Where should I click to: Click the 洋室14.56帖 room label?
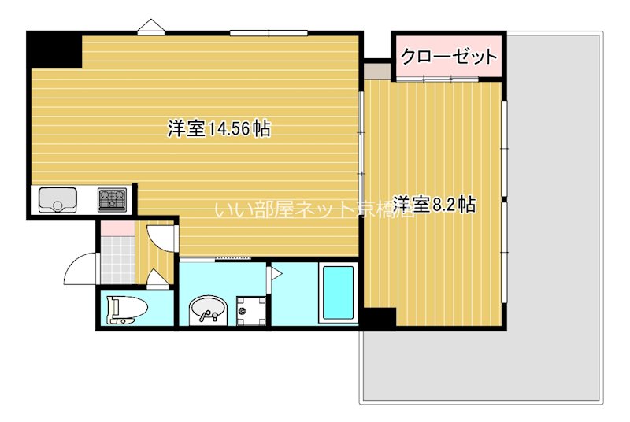[219, 128]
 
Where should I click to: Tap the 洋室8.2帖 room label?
[434, 205]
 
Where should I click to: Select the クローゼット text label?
[449, 57]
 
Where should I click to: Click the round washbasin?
[208, 308]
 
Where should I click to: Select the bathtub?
[338, 293]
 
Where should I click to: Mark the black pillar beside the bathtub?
[379, 318]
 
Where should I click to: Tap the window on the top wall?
[268, 32]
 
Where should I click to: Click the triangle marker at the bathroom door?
[276, 274]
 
